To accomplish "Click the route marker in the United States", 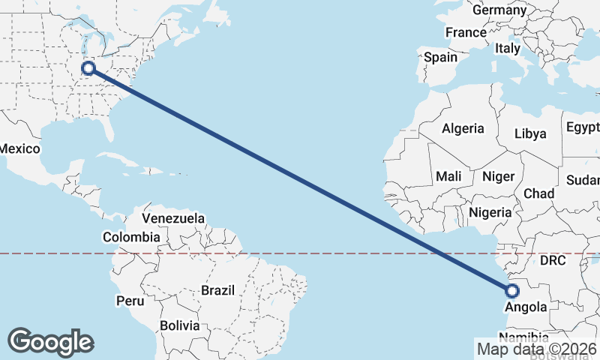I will (88, 68).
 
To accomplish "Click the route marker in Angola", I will (512, 291).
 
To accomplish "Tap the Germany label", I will (499, 10).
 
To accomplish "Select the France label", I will (466, 33).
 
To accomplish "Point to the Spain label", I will (440, 57).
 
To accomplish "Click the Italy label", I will (507, 48).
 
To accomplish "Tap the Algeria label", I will (463, 129).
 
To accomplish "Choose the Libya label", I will (530, 134).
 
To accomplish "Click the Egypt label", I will (582, 127).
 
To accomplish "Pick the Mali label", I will (448, 176).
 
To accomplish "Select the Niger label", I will (498, 176).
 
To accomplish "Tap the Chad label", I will (538, 193).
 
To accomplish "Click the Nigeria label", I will (490, 212).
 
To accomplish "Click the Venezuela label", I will (173, 218).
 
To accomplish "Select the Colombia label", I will (131, 237).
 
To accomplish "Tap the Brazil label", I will (217, 290).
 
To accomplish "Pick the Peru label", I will (129, 301).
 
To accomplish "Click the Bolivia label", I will (179, 325).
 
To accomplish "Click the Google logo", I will (50, 342).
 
